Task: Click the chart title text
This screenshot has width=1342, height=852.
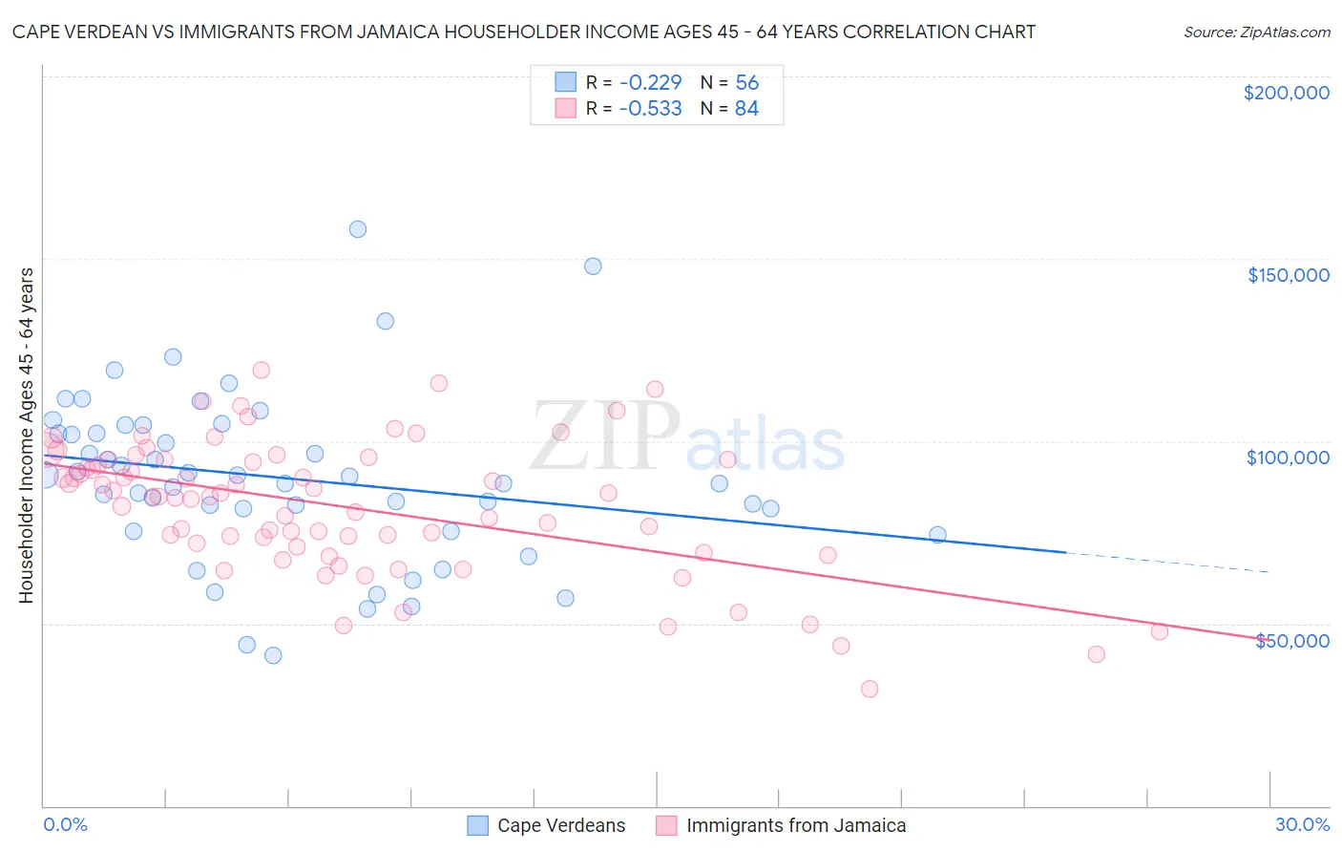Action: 523,32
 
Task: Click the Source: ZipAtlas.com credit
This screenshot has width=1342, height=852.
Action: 1256,32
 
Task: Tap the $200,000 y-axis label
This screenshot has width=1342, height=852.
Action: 1286,93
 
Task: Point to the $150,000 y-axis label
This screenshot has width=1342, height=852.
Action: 1288,275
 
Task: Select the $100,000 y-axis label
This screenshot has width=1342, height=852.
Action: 1288,458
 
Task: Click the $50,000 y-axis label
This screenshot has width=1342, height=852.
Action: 1291,640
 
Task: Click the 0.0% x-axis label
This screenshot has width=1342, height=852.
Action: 65,824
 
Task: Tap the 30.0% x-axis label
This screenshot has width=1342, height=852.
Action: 1302,824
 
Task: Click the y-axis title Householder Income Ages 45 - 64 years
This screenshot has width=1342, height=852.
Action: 26,435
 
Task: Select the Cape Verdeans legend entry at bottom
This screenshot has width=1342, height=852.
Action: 560,825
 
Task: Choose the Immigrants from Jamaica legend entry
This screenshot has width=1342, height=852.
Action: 795,825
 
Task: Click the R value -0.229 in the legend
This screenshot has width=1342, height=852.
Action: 650,82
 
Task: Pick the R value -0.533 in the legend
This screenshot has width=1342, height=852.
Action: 650,108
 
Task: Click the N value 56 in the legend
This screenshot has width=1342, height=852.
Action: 746,82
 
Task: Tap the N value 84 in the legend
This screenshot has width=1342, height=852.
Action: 746,108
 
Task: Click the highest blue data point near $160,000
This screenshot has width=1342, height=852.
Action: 358,229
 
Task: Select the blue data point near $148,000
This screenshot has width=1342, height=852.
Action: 593,266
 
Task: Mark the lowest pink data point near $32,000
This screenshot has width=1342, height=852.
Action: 870,689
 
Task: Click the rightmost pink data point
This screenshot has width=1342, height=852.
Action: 1160,631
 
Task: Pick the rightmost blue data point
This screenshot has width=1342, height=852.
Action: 937,535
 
